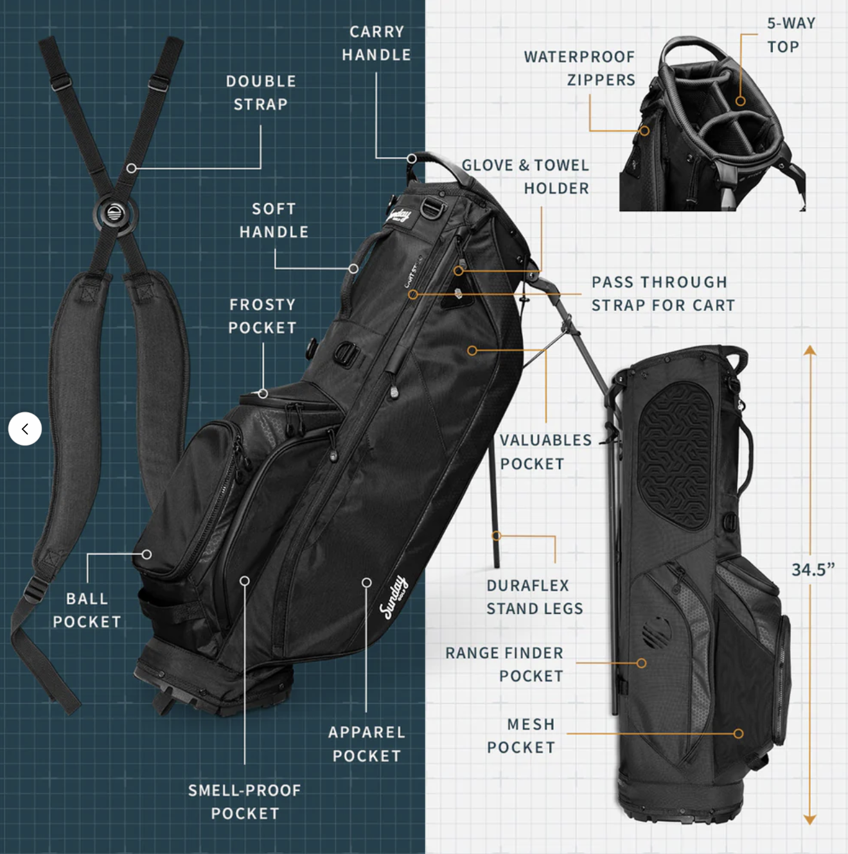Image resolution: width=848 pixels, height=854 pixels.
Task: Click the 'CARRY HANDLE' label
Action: [x=376, y=44]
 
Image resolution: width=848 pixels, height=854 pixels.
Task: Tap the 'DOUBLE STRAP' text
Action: [x=261, y=92]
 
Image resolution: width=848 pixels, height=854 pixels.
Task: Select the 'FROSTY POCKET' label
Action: [x=262, y=316]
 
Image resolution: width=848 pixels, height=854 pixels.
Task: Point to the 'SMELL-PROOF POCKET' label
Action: [x=245, y=802]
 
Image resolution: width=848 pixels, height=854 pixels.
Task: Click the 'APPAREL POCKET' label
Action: [x=367, y=744]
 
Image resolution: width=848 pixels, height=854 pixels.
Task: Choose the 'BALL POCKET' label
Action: [x=87, y=610]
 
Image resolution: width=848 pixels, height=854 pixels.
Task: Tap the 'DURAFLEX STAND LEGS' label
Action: [x=534, y=597]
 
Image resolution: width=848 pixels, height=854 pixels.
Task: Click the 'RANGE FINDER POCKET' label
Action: [x=504, y=665]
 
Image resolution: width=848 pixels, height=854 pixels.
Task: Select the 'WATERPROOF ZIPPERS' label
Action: [x=579, y=68]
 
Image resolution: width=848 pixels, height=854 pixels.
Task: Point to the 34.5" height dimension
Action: [x=813, y=570]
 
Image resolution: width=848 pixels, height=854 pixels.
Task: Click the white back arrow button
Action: [x=25, y=428]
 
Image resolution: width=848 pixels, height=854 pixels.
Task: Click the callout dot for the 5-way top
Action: [x=740, y=101]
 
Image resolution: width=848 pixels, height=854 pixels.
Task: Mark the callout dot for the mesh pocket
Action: [x=738, y=733]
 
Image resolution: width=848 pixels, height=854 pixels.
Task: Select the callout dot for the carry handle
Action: [x=412, y=158]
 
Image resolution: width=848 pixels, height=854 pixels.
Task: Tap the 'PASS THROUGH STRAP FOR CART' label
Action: [x=664, y=293]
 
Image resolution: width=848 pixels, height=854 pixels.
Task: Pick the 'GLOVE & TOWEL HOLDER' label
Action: [x=526, y=177]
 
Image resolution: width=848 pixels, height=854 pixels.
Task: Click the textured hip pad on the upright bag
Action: [x=675, y=457]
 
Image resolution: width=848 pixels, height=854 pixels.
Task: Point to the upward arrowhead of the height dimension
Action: [x=810, y=350]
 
